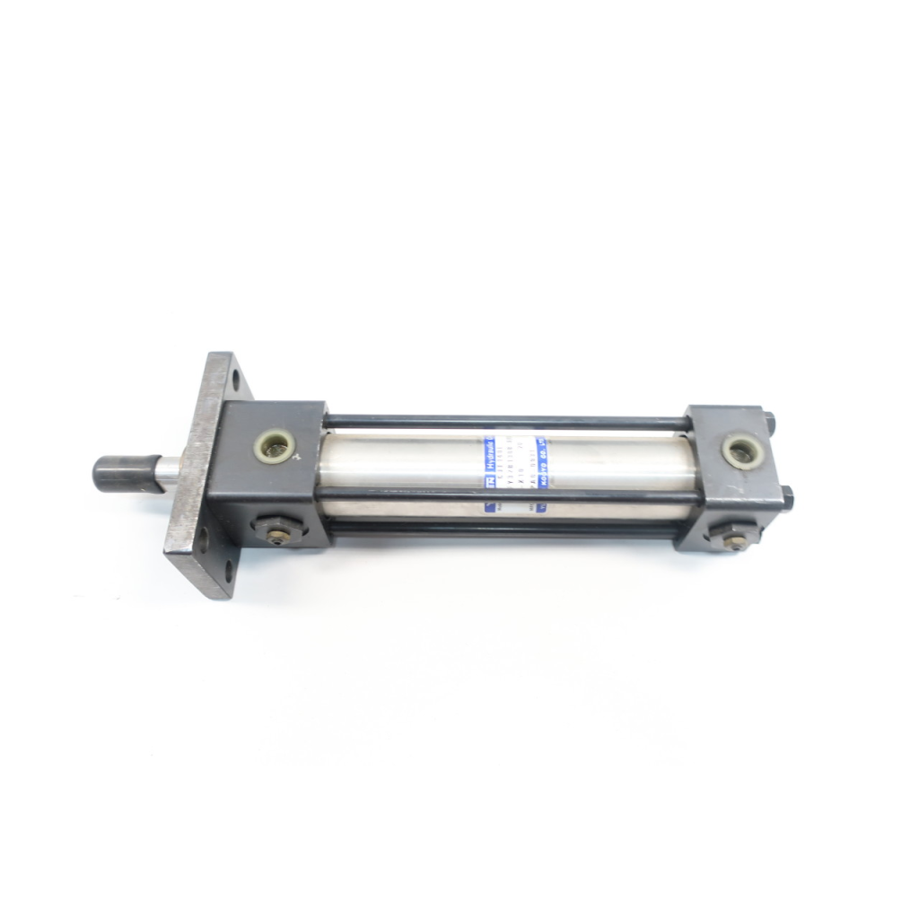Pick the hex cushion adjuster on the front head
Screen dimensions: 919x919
(276, 530)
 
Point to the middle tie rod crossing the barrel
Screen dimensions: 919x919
(503, 495)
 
